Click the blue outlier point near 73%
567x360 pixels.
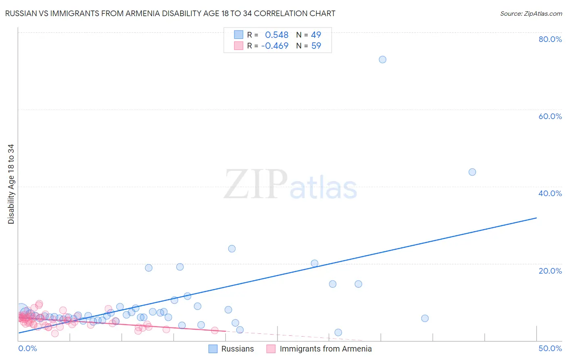pos(382,60)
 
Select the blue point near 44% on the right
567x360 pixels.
pos(472,172)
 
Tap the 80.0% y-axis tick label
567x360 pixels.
pos(550,39)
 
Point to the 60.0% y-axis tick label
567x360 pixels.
pos(550,116)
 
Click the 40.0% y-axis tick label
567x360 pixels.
pos(550,193)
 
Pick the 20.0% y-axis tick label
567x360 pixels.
pos(550,271)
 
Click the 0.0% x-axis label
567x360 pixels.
pos(27,349)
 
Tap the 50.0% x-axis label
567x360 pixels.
pos(550,349)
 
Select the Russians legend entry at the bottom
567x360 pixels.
pos(237,349)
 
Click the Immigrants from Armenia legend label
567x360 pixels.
pos(325,349)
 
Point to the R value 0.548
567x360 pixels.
pos(277,35)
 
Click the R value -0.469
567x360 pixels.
pos(275,46)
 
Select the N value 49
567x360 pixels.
pos(316,35)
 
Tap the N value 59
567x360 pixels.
pos(316,46)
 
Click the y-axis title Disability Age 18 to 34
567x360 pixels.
pos(11,184)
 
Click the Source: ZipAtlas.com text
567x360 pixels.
pos(531,14)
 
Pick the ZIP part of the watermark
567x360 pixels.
pos(255,185)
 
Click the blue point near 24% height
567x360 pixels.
pos(231,249)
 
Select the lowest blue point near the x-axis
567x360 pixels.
pos(338,333)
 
